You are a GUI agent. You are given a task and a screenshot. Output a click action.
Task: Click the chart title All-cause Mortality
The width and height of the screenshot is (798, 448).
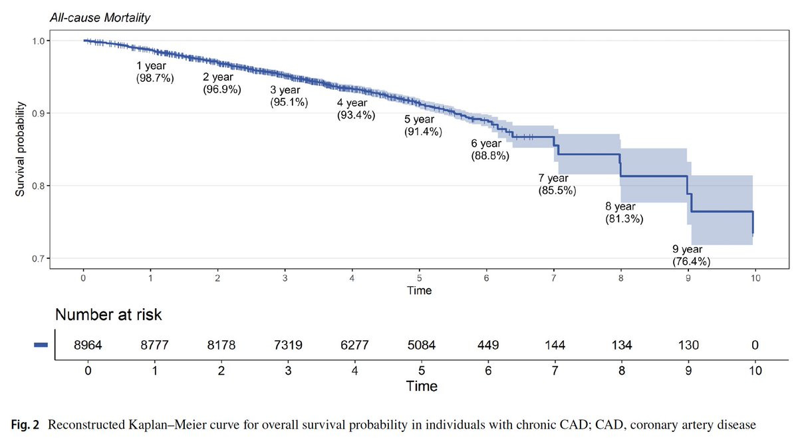100,17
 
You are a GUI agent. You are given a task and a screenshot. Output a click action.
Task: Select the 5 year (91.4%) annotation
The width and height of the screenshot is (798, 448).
423,126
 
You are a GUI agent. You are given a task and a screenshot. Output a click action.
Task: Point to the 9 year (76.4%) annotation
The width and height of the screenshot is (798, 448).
691,256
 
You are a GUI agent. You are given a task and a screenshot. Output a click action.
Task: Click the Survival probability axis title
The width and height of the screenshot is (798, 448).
21,149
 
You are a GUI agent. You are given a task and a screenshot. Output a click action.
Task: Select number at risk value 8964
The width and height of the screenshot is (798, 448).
88,345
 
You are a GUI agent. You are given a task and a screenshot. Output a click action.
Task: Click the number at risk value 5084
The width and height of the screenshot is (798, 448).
423,345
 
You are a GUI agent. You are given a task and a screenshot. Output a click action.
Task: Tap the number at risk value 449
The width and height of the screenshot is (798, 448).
488,345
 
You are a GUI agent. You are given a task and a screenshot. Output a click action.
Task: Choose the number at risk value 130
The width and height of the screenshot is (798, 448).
688,345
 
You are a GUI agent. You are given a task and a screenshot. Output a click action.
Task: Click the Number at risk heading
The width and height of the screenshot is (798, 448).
108,315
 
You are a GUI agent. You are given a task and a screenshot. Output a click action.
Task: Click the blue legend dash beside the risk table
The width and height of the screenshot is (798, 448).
41,345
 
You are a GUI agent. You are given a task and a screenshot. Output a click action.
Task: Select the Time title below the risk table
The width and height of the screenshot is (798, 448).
423,386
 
